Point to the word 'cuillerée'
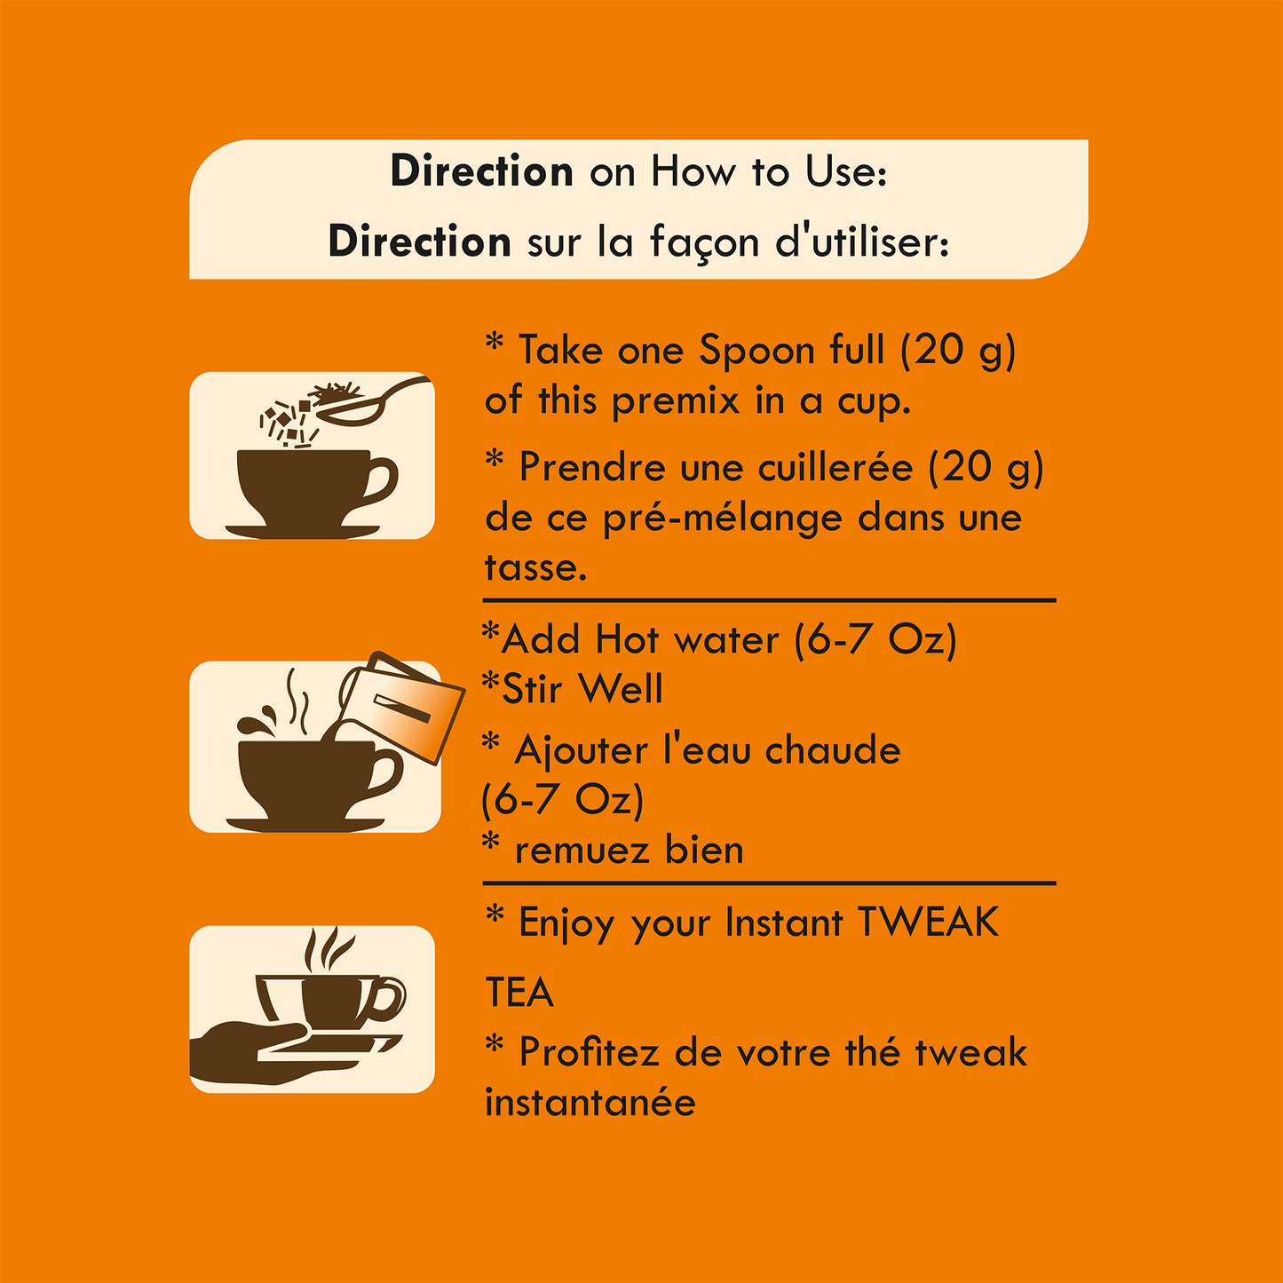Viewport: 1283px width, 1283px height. [x=836, y=467]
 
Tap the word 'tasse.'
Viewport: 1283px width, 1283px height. [x=535, y=568]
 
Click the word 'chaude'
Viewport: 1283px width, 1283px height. [x=832, y=750]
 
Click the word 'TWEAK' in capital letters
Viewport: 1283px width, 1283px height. [x=928, y=922]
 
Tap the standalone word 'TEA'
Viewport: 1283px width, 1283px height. [x=519, y=993]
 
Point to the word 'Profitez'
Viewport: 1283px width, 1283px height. [x=588, y=1052]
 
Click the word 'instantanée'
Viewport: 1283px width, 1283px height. [x=590, y=1102]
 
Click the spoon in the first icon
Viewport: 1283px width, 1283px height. [x=373, y=402]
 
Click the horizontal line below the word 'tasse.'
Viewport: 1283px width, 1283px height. [x=769, y=600]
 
